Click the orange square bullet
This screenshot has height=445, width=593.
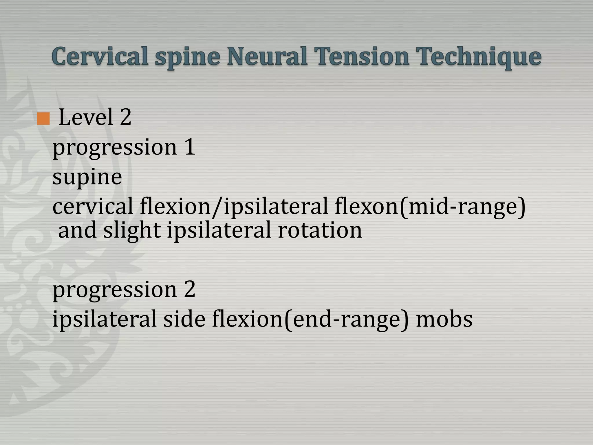[43, 119]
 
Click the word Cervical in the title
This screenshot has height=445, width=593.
[100, 56]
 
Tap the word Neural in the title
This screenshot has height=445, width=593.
[267, 56]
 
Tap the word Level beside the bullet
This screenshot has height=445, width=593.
[86, 117]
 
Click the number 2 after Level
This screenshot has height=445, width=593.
[125, 117]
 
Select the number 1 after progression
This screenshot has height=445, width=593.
[190, 147]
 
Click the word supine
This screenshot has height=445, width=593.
[87, 178]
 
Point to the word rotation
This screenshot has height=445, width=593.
[320, 230]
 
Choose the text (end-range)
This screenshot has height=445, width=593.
[346, 319]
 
